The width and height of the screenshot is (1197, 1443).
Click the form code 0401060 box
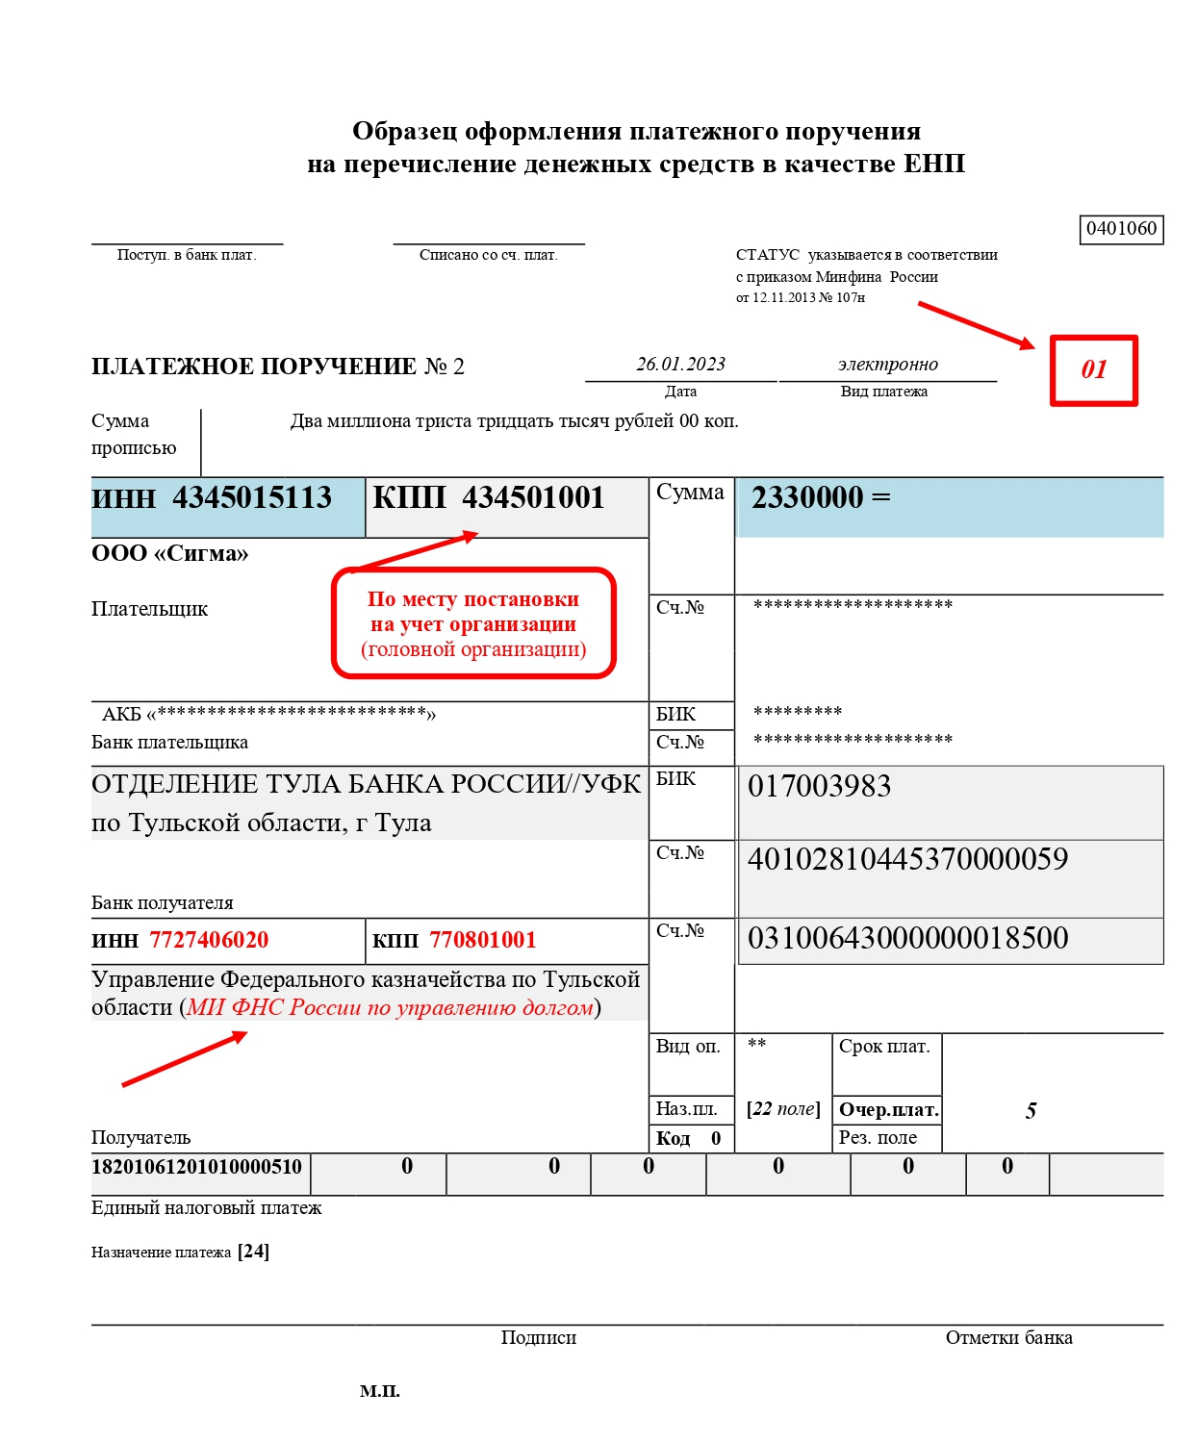pos(1121,229)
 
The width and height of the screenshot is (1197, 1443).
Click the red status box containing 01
pos(1093,370)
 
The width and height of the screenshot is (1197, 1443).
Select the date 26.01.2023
pos(680,365)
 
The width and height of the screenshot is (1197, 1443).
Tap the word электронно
pos(887,365)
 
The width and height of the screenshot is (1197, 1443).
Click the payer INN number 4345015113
pos(252,498)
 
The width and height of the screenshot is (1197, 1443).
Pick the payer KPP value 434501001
pos(533,498)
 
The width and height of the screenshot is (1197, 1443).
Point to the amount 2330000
pos(807,498)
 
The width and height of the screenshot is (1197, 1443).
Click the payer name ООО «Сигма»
pos(170,554)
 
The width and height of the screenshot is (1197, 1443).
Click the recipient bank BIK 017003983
pos(820,787)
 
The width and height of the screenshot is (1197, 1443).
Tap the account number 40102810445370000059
pos(907,859)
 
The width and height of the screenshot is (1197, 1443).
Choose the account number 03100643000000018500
pos(907,938)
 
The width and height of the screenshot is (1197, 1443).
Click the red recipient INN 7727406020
pos(209,941)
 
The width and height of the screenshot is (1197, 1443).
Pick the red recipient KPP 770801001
pos(482,941)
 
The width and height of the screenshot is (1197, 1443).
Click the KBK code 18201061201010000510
pos(196,1167)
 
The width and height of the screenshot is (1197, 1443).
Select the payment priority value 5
pos(1031,1111)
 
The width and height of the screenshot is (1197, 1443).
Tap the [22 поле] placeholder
pos(783,1109)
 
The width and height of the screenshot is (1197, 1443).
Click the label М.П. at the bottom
pos(380,1391)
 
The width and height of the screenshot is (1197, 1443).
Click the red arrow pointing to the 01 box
pos(976,324)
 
